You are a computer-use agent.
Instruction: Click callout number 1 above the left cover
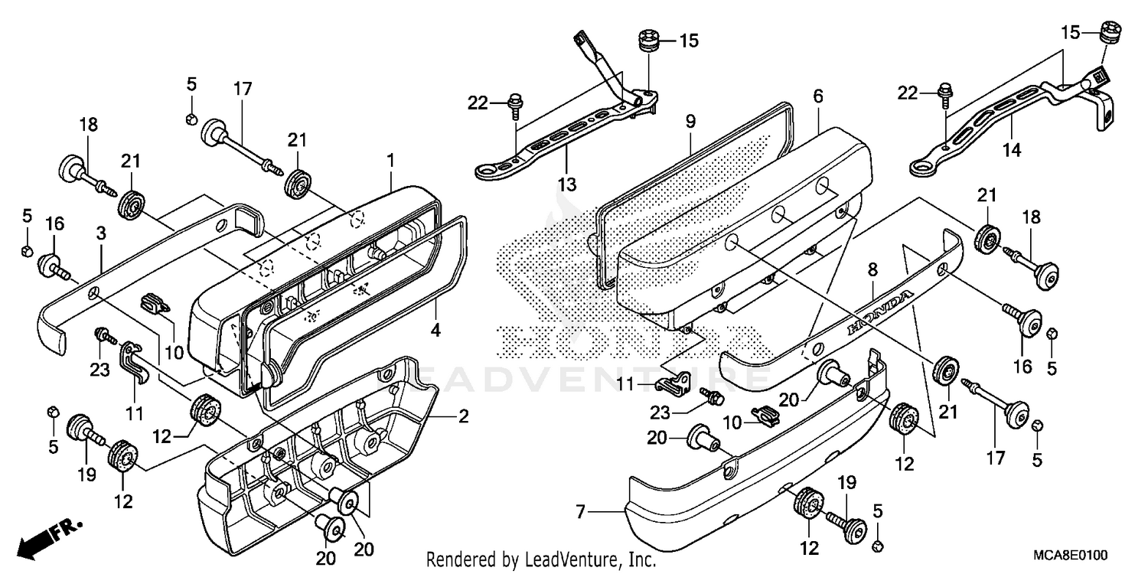point(390,161)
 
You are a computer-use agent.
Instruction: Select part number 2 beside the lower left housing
point(463,417)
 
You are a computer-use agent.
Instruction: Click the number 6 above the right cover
point(818,96)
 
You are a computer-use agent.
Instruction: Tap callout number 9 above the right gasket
point(690,121)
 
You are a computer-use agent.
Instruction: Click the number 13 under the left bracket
point(567,184)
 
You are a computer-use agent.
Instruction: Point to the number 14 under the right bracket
point(1013,150)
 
